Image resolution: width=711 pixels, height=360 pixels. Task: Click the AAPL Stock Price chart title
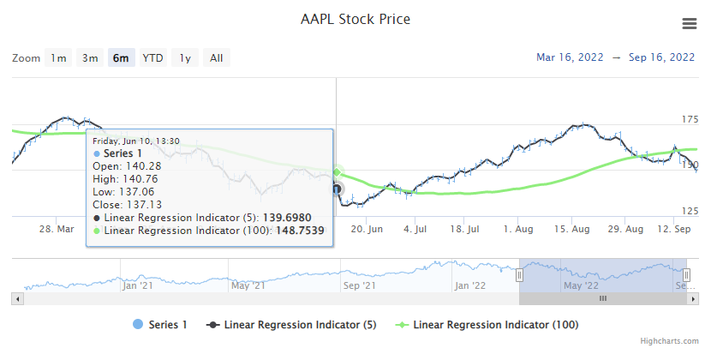point(355,19)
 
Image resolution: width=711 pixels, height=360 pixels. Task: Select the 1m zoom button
point(58,58)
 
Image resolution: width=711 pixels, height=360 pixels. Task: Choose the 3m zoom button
point(90,58)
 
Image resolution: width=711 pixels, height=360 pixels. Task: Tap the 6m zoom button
point(121,58)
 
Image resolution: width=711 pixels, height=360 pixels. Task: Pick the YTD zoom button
point(153,58)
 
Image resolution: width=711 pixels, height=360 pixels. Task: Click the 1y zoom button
point(185,58)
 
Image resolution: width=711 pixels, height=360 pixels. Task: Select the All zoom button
point(217,58)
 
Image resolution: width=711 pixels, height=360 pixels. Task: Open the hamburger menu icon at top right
point(690,24)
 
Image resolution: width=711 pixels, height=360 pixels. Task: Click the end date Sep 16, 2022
point(662,57)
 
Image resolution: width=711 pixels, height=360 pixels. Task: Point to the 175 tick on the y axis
point(690,119)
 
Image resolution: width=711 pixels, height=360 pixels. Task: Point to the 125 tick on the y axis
point(690,211)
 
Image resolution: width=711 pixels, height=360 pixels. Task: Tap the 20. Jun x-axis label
point(367,230)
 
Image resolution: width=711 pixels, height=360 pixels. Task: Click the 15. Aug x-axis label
point(572,230)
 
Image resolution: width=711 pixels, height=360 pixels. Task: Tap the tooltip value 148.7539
point(302,231)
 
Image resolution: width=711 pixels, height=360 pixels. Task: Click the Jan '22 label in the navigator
point(470,285)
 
